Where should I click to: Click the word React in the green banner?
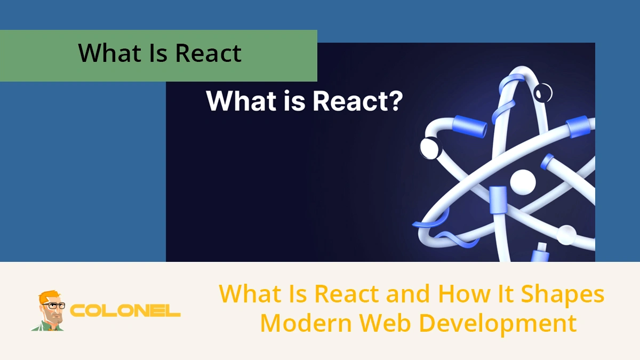coord(209,53)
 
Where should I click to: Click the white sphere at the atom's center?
coord(522,182)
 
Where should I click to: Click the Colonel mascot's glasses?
coord(53,306)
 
